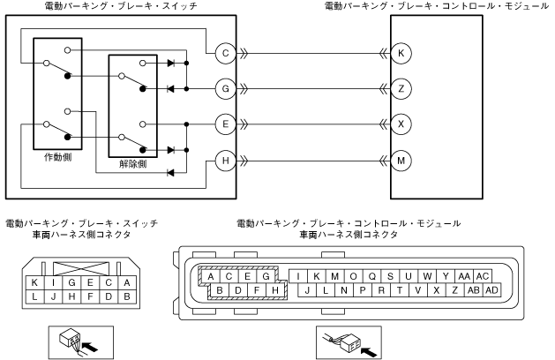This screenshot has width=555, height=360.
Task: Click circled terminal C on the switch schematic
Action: coord(226,53)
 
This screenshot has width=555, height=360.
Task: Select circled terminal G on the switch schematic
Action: coord(226,88)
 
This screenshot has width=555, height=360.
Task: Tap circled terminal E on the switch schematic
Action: coord(226,124)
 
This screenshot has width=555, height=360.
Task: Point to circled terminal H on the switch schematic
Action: coord(226,161)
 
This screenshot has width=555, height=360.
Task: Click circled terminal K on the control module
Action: coord(401,53)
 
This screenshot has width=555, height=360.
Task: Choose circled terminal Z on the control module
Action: coord(401,88)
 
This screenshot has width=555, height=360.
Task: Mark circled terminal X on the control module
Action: coord(401,124)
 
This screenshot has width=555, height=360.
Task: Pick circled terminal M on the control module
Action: coord(401,161)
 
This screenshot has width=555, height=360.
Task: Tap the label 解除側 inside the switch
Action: coord(132,164)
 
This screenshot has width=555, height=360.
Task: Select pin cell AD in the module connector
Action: coord(491,290)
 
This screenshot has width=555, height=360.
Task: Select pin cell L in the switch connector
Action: coord(34,296)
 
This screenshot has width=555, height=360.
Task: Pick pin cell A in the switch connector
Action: coord(128,282)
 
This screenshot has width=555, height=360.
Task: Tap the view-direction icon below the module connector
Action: coord(349,341)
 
